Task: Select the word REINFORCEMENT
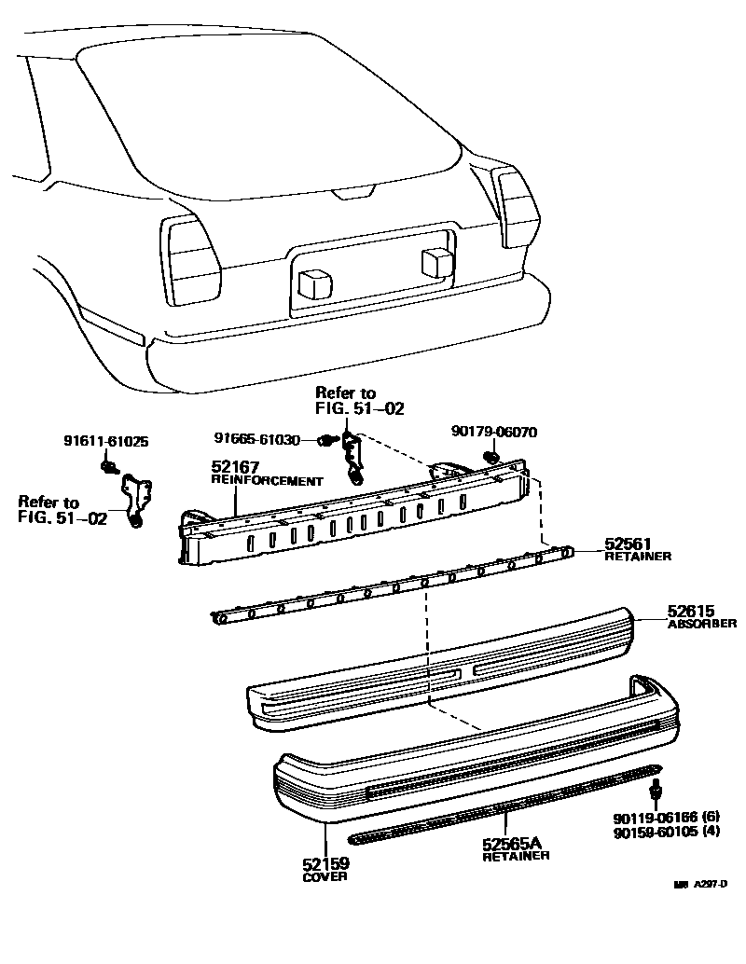[266, 481]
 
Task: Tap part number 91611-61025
[106, 442]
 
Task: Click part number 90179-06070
[494, 432]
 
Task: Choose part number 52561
[628, 544]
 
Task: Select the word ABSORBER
[702, 624]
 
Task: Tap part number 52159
[325, 864]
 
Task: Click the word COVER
[325, 877]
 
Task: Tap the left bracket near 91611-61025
[136, 499]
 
